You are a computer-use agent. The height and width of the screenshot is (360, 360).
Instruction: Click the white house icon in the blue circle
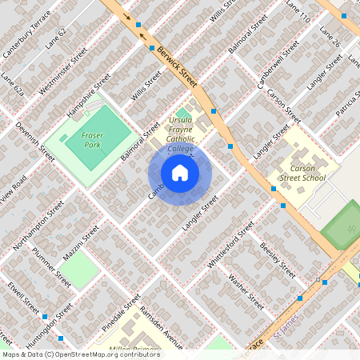[x=180, y=173]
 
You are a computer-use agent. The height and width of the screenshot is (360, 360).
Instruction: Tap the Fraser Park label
[x=83, y=141]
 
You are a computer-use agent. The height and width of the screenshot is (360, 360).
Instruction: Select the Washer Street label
[x=246, y=291]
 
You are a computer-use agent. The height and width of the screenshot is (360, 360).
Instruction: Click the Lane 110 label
[x=298, y=11]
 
